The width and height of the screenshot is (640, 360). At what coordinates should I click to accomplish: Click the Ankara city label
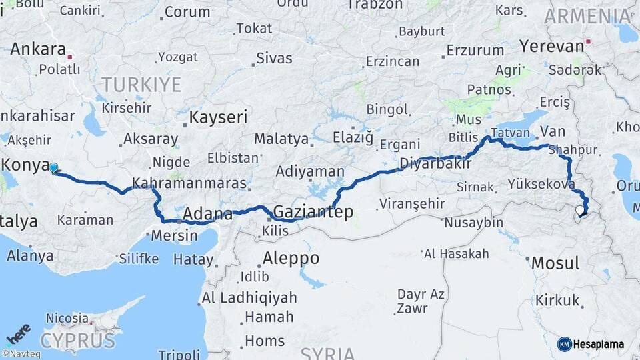(x=37, y=49)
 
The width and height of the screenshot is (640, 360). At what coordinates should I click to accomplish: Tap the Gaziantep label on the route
(x=313, y=212)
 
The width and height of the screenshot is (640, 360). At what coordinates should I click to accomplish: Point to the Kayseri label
(x=218, y=118)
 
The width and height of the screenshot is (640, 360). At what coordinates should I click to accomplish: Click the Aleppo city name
(x=291, y=258)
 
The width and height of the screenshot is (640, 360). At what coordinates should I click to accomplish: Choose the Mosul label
(x=555, y=263)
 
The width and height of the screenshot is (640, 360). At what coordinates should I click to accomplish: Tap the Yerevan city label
(x=551, y=46)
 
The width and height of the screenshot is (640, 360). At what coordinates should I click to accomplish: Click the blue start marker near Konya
(x=53, y=168)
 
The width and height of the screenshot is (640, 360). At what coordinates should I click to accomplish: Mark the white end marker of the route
(x=580, y=212)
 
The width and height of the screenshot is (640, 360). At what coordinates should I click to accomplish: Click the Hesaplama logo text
(x=599, y=344)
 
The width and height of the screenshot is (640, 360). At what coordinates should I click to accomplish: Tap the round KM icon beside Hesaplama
(x=564, y=344)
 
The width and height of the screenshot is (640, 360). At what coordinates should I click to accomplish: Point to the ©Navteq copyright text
(x=21, y=354)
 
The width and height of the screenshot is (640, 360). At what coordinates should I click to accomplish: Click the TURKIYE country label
(x=141, y=85)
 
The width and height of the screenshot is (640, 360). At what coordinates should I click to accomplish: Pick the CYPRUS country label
(x=77, y=341)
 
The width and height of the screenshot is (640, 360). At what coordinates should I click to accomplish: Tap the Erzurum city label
(x=475, y=50)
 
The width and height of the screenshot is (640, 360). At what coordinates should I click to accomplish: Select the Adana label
(x=207, y=215)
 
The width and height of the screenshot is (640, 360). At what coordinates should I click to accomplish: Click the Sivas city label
(x=274, y=58)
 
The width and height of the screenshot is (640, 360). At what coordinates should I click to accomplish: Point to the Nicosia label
(x=67, y=318)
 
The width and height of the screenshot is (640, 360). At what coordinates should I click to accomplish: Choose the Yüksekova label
(x=541, y=183)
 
